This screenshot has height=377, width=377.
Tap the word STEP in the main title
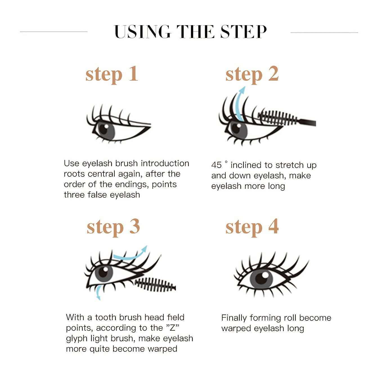point(243,32)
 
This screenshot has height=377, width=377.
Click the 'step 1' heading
point(112,74)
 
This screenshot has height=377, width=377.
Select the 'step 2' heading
point(252,74)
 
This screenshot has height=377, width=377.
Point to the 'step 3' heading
point(113,227)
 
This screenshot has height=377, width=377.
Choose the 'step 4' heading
point(252,227)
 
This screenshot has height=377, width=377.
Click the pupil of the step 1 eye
point(104,129)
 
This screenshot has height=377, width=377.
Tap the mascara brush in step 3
point(155,284)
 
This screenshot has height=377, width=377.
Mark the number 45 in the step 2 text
point(216,165)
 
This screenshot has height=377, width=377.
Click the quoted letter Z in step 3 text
point(172,328)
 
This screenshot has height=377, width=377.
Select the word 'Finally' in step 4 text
point(234,318)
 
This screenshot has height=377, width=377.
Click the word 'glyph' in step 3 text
point(77,338)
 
